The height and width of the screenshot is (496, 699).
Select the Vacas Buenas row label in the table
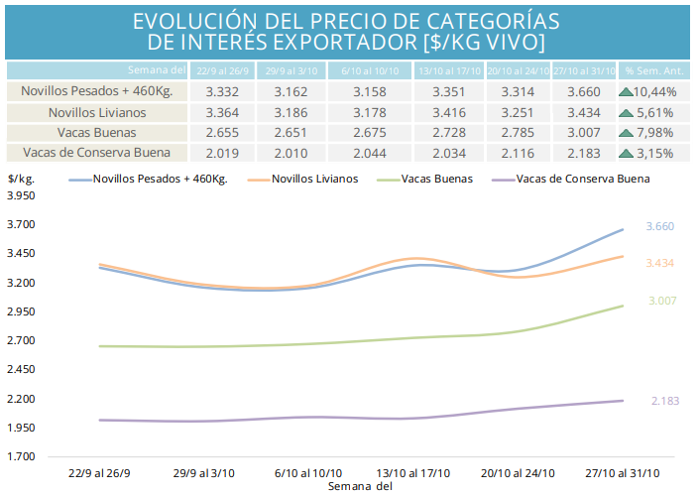(x=97, y=132)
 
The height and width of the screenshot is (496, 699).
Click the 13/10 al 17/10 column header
(x=449, y=70)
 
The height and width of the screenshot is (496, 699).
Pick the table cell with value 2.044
(x=371, y=153)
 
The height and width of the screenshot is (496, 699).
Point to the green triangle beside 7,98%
(x=626, y=132)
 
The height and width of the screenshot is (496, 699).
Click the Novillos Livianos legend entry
(x=314, y=180)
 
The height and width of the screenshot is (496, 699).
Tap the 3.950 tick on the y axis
(x=21, y=196)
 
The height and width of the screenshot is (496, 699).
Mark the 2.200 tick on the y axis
(x=21, y=399)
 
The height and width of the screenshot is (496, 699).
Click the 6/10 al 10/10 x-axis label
(x=309, y=472)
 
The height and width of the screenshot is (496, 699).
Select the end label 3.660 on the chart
(x=660, y=227)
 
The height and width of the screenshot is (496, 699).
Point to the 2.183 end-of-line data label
(x=665, y=400)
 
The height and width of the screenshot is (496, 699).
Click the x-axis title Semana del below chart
(x=359, y=486)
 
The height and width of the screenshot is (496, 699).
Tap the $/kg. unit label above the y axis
(x=22, y=179)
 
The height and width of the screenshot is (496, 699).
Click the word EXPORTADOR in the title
(x=336, y=43)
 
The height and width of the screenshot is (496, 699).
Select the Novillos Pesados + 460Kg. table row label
(x=97, y=91)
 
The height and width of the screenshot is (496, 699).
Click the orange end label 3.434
(x=660, y=263)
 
